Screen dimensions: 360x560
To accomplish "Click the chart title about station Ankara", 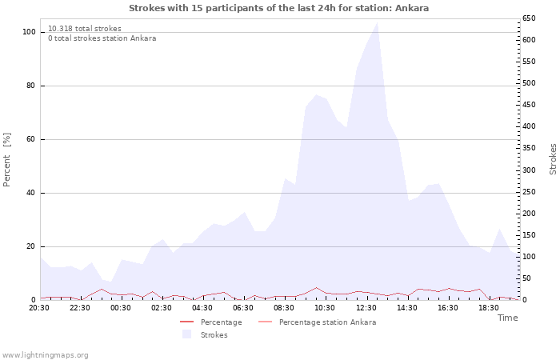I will click(x=278, y=8).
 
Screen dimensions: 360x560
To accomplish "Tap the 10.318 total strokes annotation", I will click(x=85, y=29).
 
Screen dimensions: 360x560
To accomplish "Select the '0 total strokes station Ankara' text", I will click(x=102, y=38).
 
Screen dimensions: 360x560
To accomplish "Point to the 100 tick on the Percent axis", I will click(x=30, y=32).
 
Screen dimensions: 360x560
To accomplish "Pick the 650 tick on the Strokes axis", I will click(x=528, y=18).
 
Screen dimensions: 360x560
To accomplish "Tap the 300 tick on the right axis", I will click(x=528, y=170).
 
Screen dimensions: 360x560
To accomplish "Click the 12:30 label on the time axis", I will click(x=366, y=307).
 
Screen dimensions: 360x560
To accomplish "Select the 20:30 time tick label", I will click(x=39, y=307).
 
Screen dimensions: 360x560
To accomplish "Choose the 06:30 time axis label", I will click(x=243, y=307).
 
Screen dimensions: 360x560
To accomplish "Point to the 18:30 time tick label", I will click(x=488, y=307).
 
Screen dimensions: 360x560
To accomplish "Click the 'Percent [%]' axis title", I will click(x=7, y=160).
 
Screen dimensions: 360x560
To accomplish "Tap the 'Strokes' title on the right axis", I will click(x=553, y=158).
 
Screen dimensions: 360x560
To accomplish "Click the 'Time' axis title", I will click(x=507, y=318).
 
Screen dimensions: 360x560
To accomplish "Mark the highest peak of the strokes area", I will click(x=377, y=22).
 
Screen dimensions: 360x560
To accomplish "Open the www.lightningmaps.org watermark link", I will click(x=45, y=355).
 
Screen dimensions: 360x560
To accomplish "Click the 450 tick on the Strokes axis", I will click(x=528, y=105).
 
